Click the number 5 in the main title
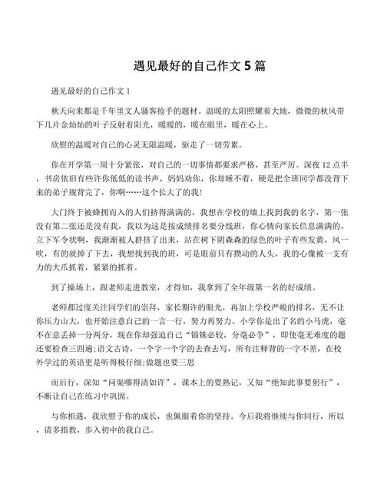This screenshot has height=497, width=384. [247, 66]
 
